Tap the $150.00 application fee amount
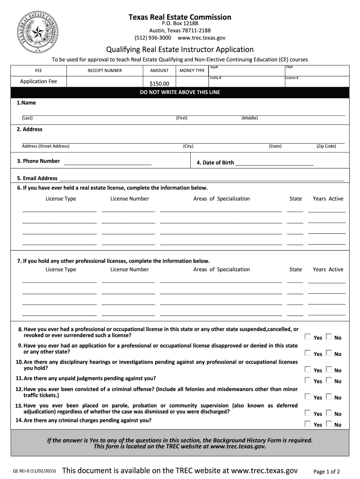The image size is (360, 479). click(159, 84)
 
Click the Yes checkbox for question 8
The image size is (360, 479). click(308, 337)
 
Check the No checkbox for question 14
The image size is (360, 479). click(329, 424)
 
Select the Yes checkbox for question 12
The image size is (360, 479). click(308, 397)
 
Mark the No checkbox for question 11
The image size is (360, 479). click(329, 380)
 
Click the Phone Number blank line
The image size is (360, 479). click(108, 164)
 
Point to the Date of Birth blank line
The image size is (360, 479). click(274, 164)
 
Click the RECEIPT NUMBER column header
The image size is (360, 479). click(105, 71)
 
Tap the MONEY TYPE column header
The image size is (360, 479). click(192, 71)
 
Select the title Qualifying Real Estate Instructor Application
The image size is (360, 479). click(180, 50)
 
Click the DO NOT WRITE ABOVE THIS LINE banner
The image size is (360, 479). click(180, 92)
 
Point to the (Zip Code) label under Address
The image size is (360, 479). click(326, 146)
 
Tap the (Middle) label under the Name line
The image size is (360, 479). click(250, 118)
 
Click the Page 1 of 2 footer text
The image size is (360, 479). click(326, 472)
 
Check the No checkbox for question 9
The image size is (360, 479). click(329, 353)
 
